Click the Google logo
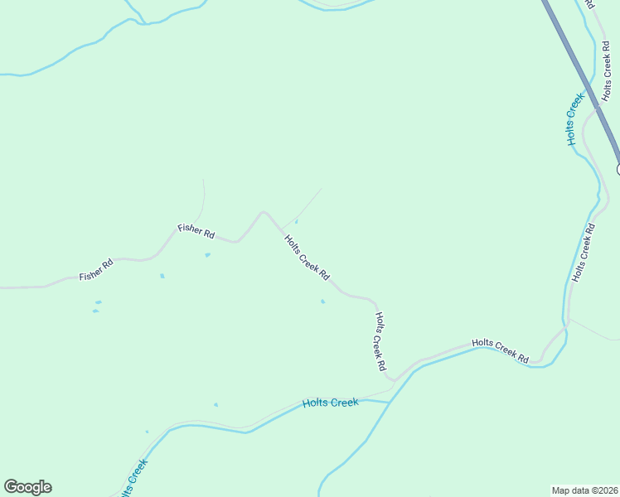coord(27,487)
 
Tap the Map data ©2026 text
coord(584,490)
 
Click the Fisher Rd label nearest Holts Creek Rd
coord(196,229)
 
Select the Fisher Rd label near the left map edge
coord(96,270)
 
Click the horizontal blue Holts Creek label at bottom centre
coord(330,403)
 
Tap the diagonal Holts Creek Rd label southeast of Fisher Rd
coord(307,258)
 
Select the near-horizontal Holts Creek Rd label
coord(500,350)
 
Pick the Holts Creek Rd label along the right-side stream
coord(583,251)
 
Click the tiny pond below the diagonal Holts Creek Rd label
coord(322,302)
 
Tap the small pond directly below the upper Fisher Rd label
coord(207,254)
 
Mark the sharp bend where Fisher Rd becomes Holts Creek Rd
coord(264,213)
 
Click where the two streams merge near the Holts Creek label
coord(390,402)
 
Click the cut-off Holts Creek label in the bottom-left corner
coord(132,479)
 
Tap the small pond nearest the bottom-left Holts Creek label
coord(147,432)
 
